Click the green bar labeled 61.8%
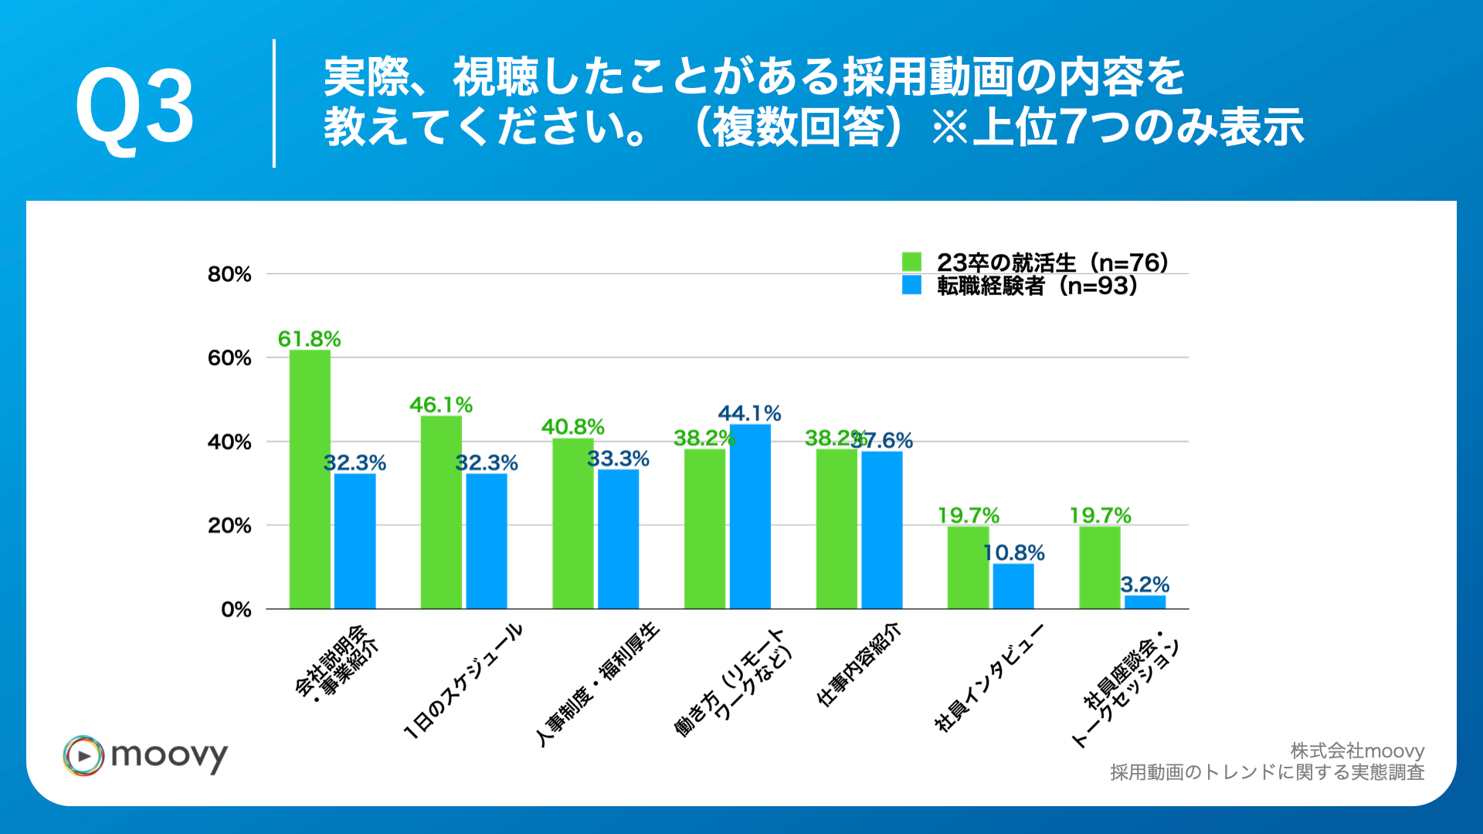[310, 479]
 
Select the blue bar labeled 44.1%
[750, 516]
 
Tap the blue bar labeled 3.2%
[1145, 602]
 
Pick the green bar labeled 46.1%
[441, 512]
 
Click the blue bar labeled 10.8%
[1013, 585]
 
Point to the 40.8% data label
[572, 427]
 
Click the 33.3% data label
[618, 459]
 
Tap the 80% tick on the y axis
[229, 274]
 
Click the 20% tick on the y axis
[229, 526]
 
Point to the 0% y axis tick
[236, 609]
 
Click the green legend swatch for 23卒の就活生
[911, 262]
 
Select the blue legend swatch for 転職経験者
[911, 285]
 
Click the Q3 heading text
[135, 107]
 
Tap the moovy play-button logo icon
[83, 755]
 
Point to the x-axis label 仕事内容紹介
[859, 664]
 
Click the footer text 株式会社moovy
[1357, 751]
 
